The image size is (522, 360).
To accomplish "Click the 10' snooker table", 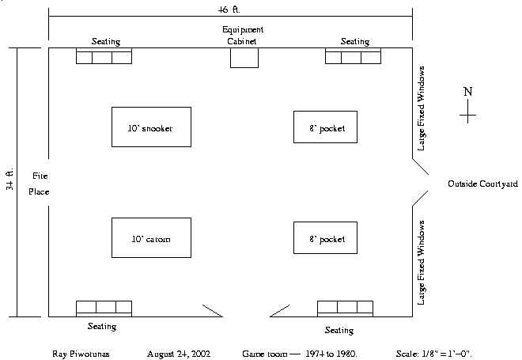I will coord(151,127).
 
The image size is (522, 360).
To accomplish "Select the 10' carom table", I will coord(151,237).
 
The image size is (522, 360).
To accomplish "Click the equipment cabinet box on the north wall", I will coord(244,58).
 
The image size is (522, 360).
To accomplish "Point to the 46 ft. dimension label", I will coord(229,9).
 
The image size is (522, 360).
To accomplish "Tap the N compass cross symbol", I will coord(467,116).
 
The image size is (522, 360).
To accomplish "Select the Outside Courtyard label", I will coord(482,183).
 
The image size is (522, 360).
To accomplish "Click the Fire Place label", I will coord(40,183).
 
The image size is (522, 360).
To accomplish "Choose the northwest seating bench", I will coord(104,56).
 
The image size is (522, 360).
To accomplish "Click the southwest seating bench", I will coord(104,308).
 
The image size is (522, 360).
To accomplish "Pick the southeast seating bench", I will coord(345,308).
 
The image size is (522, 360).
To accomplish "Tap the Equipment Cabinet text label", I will coord(242,35).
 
